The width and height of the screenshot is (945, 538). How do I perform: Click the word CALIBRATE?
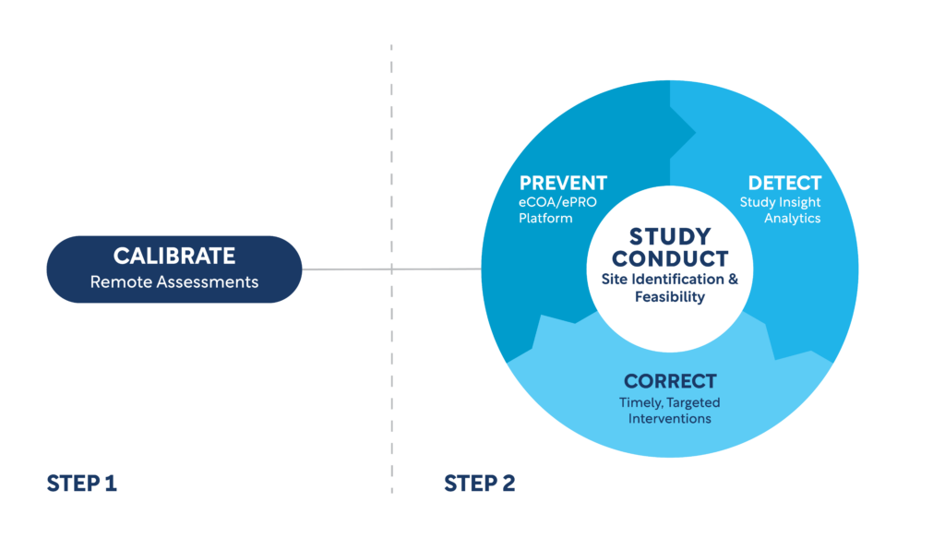coord(174,256)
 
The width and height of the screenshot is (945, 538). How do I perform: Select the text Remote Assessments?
coord(174,282)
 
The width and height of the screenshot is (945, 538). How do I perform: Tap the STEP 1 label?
coord(82,484)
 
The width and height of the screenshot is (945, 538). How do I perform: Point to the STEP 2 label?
coord(480,484)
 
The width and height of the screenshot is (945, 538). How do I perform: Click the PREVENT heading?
coord(563,183)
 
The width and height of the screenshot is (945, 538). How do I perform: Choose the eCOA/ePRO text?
coord(557,202)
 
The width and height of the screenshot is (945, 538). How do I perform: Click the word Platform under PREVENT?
coord(545,218)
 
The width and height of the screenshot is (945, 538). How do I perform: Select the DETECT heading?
coord(784,183)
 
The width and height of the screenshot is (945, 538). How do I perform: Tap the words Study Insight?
coord(780,202)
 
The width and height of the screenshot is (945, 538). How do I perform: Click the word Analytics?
coord(793,218)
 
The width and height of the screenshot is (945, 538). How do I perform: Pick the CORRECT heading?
coord(670,381)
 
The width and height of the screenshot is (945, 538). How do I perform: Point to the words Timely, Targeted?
coord(670,402)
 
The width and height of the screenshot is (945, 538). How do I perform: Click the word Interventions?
coord(670,418)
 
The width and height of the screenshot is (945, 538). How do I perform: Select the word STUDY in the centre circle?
coord(670,236)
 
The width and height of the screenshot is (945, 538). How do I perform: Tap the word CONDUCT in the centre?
coord(670,259)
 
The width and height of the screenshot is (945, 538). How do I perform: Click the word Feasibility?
coord(670,296)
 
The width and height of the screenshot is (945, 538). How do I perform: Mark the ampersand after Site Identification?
coord(733,279)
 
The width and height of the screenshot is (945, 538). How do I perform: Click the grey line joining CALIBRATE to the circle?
coord(391,269)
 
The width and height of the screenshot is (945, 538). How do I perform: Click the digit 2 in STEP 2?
coord(508,484)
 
